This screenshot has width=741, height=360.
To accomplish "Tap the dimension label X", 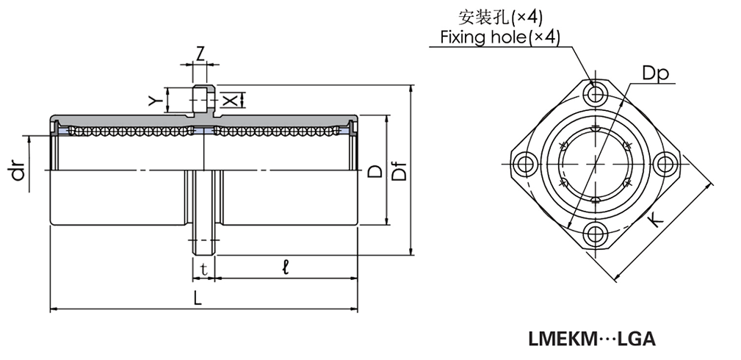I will click(x=230, y=98).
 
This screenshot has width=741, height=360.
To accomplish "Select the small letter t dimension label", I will click(x=203, y=270).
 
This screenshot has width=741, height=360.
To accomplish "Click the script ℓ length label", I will click(x=285, y=269).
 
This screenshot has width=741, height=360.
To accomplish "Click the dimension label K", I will click(x=655, y=218).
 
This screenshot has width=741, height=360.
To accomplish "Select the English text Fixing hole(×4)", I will click(x=500, y=37).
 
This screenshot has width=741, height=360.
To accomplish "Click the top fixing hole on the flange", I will click(x=595, y=93).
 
